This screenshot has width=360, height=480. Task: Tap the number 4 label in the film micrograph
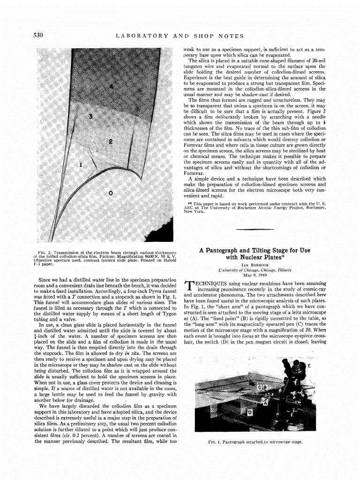coord(111,87)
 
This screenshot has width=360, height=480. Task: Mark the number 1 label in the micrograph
coord(81,165)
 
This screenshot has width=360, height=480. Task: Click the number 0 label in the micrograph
coord(111,193)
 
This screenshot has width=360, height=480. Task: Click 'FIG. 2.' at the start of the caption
coord(45,252)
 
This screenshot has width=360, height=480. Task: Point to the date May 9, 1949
coord(254,275)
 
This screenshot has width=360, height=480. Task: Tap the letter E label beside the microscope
coord(322,365)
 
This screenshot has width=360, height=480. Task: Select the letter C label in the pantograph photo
coord(260,387)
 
